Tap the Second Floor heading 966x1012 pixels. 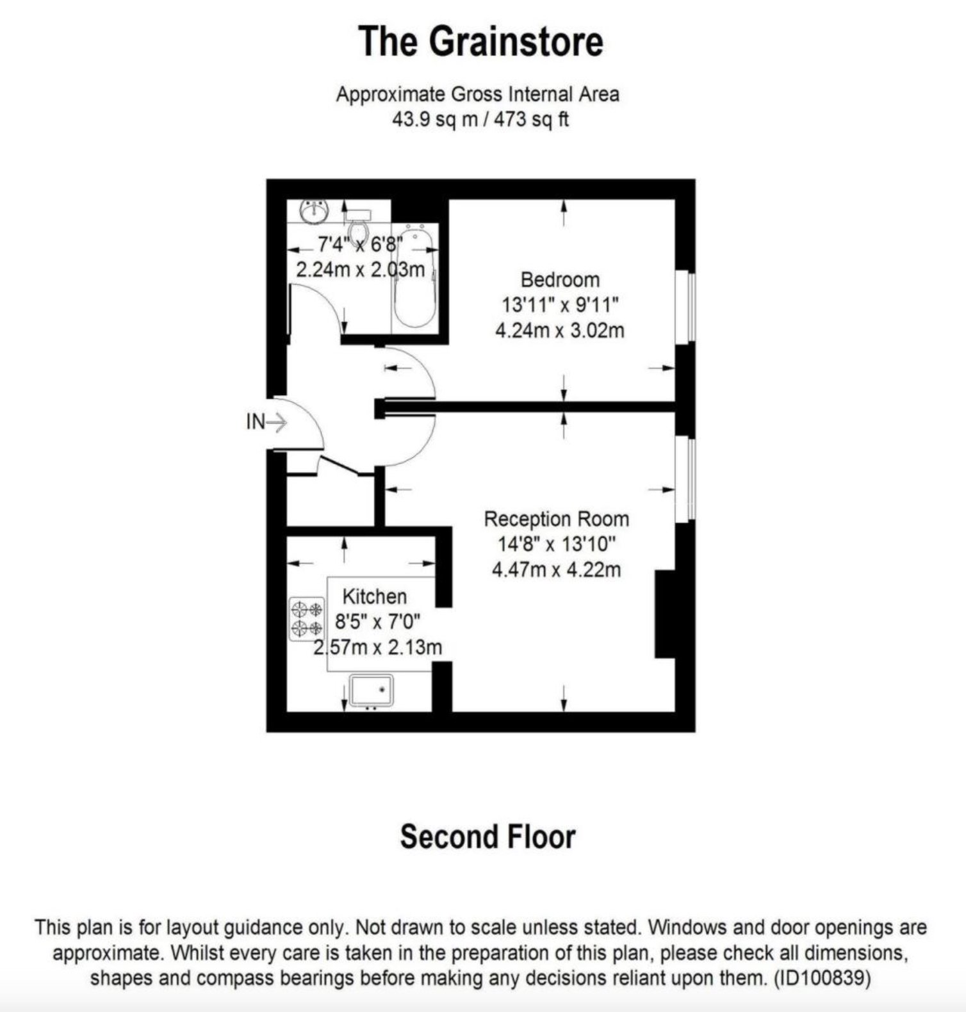[487, 837]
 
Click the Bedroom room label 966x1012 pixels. [560, 280]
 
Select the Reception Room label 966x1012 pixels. [556, 519]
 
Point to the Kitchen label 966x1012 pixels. [375, 596]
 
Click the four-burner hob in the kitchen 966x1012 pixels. [307, 619]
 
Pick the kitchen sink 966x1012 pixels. [372, 691]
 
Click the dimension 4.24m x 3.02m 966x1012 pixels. [560, 331]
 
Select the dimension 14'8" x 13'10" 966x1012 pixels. [556, 544]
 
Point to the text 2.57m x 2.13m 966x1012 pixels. [378, 648]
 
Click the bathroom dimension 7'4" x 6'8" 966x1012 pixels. [360, 244]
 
